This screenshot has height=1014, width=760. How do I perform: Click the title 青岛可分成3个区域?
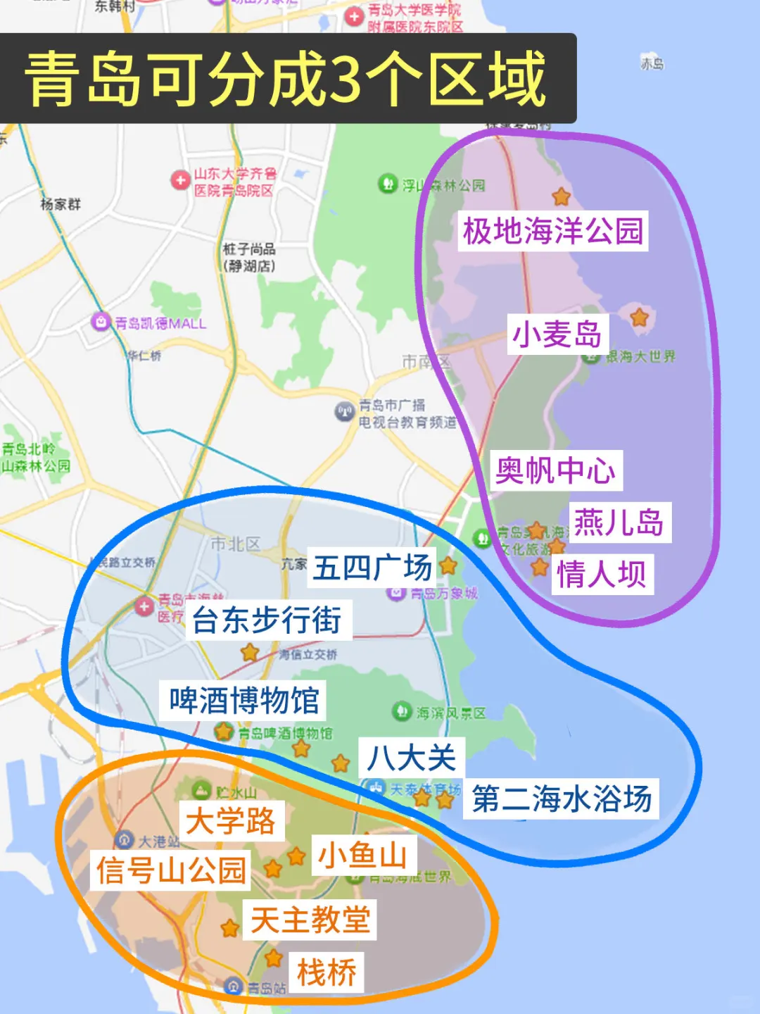[285, 78]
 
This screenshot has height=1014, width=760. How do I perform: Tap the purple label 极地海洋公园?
[553, 231]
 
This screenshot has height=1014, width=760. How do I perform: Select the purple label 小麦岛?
[557, 334]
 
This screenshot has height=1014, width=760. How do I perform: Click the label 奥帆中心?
[555, 470]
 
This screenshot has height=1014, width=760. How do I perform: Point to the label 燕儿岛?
[619, 522]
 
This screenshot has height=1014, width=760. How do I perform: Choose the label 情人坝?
[602, 574]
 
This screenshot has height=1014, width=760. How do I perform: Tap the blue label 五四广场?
[372, 568]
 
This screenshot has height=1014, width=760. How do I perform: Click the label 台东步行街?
[267, 620]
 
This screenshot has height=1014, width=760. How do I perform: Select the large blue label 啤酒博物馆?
[243, 701]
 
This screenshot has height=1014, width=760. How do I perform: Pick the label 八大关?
[412, 758]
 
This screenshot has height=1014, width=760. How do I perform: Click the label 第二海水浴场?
[561, 799]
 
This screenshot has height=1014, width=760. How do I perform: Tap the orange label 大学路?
[231, 821]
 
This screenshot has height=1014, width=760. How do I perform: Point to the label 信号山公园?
[171, 870]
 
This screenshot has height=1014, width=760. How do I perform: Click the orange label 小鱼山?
[363, 855]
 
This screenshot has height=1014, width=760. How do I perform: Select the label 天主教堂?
[310, 920]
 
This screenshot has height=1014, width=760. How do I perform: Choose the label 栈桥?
[327, 972]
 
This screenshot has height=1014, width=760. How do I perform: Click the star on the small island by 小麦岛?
[639, 318]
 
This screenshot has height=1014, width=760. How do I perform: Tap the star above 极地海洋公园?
[561, 196]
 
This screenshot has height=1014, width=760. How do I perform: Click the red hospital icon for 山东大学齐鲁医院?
[180, 181]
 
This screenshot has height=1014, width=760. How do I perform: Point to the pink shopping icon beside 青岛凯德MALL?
[101, 323]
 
